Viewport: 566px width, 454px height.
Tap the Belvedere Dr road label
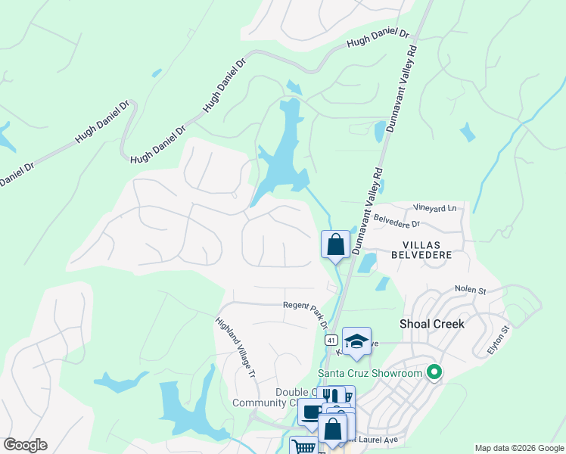click(x=396, y=223)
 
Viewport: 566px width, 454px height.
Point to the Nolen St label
click(x=469, y=289)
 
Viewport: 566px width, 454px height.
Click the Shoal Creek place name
click(x=431, y=323)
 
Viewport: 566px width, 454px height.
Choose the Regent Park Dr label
click(x=306, y=311)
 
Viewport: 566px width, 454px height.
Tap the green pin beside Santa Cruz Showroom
click(x=434, y=372)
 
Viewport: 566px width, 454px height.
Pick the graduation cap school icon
click(x=356, y=340)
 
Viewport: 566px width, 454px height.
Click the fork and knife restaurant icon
click(x=330, y=396)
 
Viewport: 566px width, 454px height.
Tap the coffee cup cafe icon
click(x=311, y=412)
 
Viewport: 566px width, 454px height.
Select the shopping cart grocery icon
click(x=303, y=446)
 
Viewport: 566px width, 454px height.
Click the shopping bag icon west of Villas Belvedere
click(x=335, y=244)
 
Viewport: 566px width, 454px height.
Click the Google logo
click(x=25, y=445)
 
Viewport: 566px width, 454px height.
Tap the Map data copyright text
click(x=519, y=448)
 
